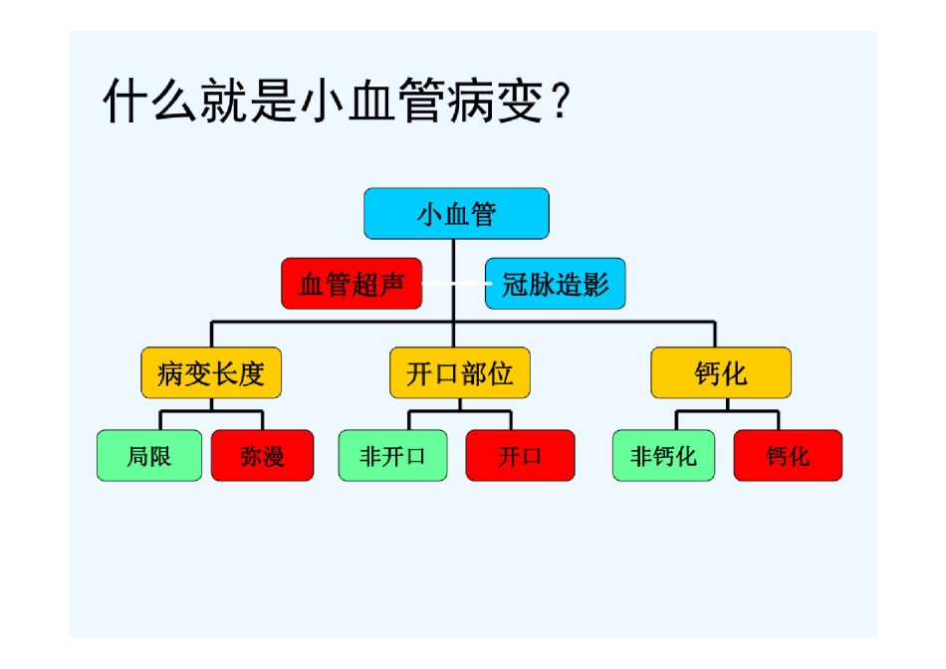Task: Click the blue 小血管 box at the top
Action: coord(456,214)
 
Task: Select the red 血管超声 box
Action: coord(352,284)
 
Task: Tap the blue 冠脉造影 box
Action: coord(555,284)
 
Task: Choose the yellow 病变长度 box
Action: coord(211,372)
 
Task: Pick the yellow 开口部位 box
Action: coord(460,372)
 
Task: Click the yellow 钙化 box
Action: coord(721,372)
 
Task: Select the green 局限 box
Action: coord(149,455)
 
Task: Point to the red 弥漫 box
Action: coord(263,455)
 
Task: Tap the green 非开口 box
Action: coord(392,455)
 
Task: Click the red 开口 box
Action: coord(520,455)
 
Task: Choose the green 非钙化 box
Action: coord(663,455)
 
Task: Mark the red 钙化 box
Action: coord(788,455)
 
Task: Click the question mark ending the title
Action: coord(561,101)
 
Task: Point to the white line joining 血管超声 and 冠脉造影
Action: coord(454,284)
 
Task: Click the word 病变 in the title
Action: coord(495,101)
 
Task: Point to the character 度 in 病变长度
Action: coord(251,373)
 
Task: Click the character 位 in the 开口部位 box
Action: coord(500,373)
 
